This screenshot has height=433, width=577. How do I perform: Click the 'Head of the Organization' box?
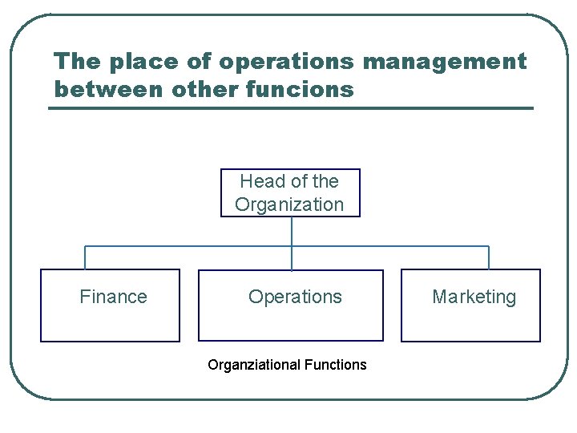(x=290, y=192)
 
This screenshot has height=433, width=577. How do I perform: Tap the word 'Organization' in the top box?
(x=289, y=204)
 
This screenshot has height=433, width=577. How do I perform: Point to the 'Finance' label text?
(x=113, y=297)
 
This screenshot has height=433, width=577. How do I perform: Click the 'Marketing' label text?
(x=474, y=297)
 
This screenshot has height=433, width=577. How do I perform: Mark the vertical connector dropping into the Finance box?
(x=85, y=257)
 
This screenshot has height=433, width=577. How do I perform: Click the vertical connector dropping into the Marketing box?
(x=489, y=257)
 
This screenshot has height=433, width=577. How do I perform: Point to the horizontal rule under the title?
(x=290, y=108)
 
